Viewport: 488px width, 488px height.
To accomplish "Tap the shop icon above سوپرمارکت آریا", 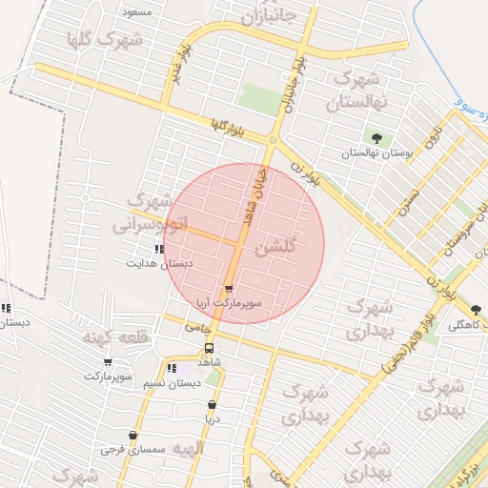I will [x=229, y=289].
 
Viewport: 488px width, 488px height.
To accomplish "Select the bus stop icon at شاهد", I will [x=210, y=348].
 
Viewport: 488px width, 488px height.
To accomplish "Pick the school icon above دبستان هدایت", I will [x=158, y=249].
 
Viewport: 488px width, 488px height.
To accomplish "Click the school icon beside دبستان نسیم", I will [x=171, y=368].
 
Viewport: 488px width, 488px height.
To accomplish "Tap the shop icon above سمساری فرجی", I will [x=132, y=435].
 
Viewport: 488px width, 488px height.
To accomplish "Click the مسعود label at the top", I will [x=137, y=11].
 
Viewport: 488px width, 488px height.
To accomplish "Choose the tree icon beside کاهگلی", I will [x=476, y=309].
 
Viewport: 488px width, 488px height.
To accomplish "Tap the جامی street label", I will [x=197, y=327].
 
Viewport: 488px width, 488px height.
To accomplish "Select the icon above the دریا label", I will [x=212, y=404].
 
